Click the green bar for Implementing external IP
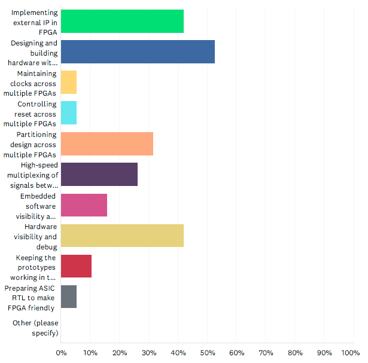coord(122,21)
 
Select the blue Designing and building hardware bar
coord(138,51)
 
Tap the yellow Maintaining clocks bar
coord(69,83)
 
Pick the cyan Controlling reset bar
coord(69,113)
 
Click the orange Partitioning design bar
coord(107,144)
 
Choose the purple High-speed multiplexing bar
coord(99,175)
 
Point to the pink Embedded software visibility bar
coord(84,205)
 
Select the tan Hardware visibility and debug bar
coord(122,236)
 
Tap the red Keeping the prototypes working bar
coord(76,266)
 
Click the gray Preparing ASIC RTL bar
coord(69,297)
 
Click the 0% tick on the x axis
coord(61,353)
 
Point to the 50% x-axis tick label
coord(208,353)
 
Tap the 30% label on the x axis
coord(149,353)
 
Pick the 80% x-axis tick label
coord(295,353)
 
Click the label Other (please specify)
coord(35,328)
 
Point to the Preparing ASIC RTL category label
coord(34,298)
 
